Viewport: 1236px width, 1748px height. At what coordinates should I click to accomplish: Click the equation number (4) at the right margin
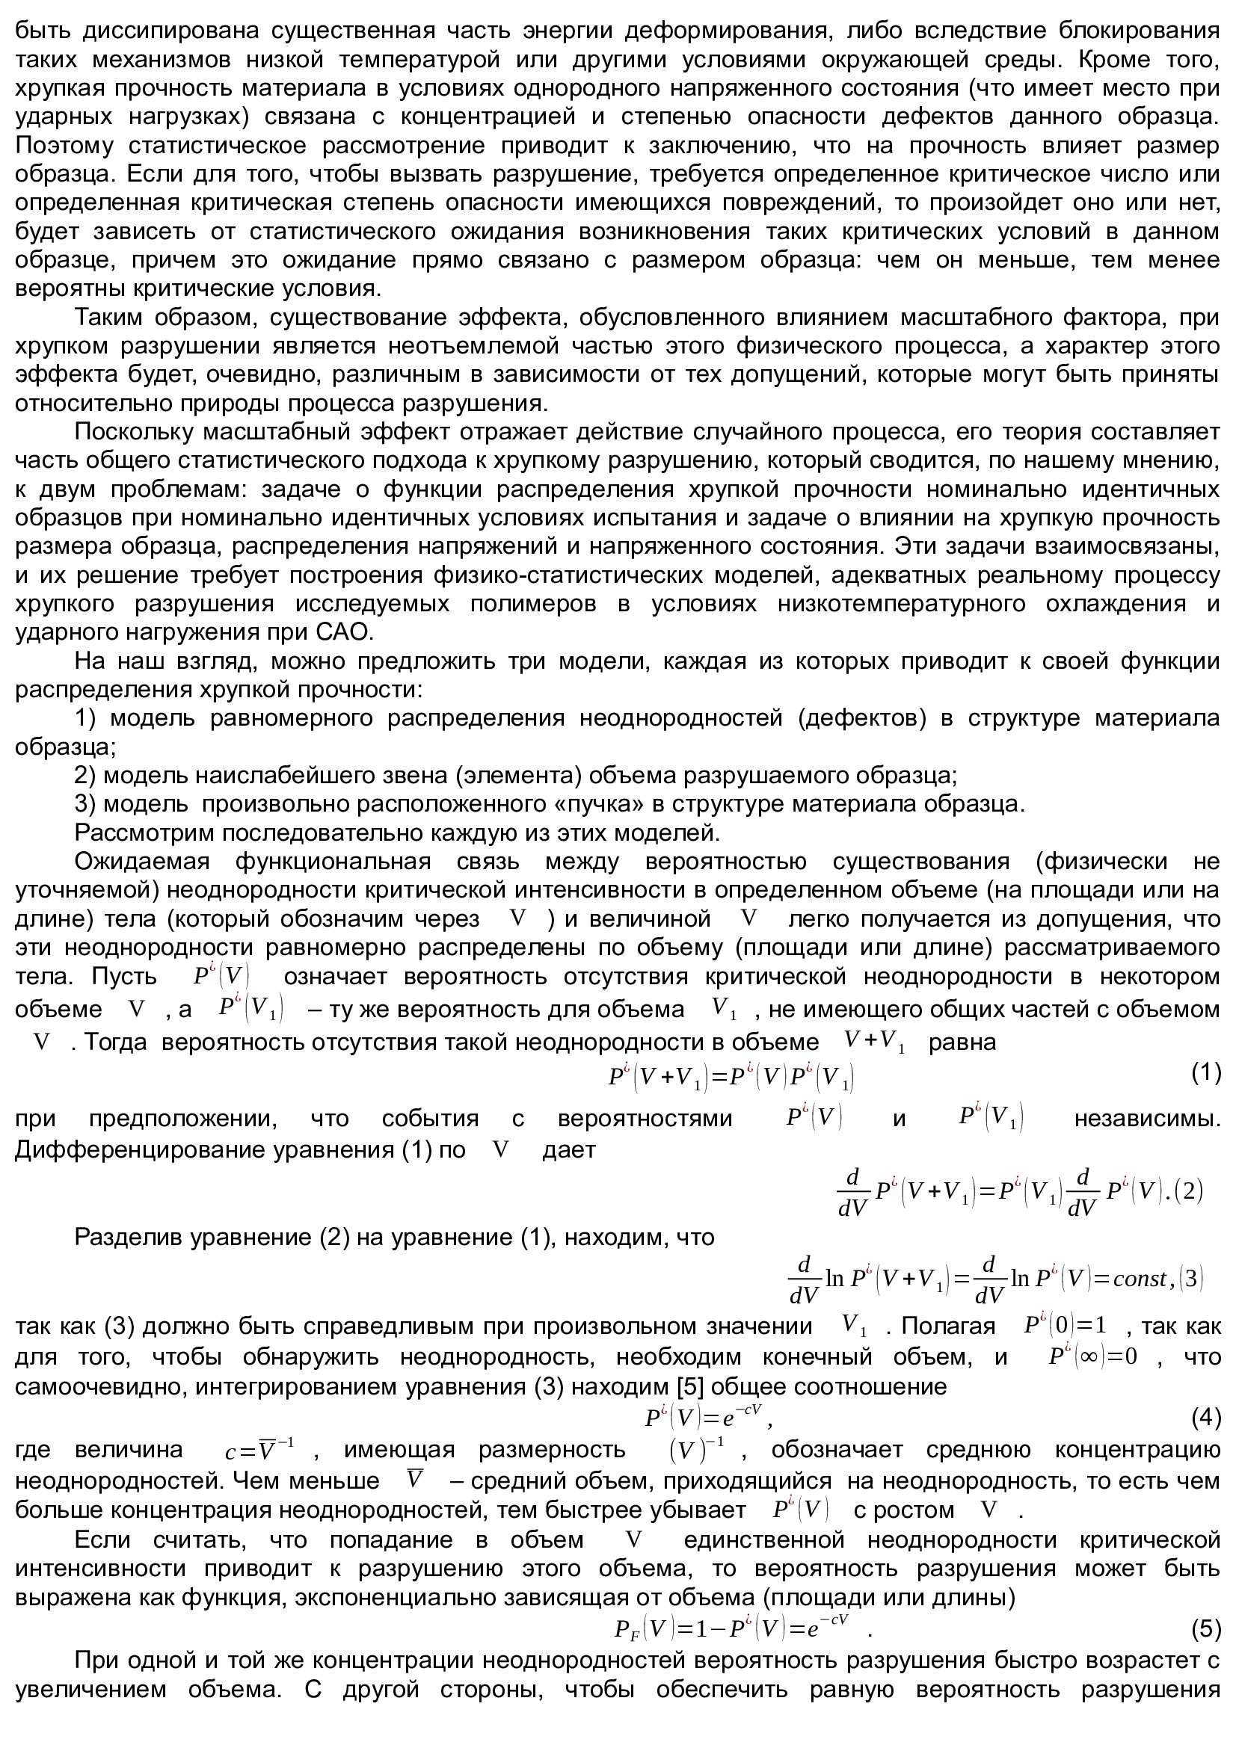[1205, 1418]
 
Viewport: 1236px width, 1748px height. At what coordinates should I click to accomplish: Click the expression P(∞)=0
[1093, 1357]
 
